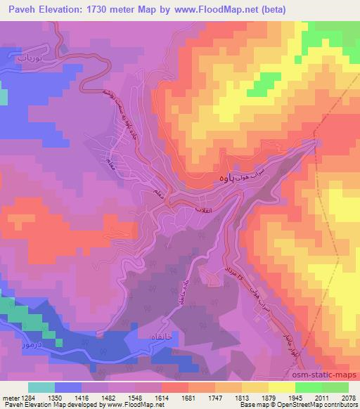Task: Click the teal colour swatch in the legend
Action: pos(41,387)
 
